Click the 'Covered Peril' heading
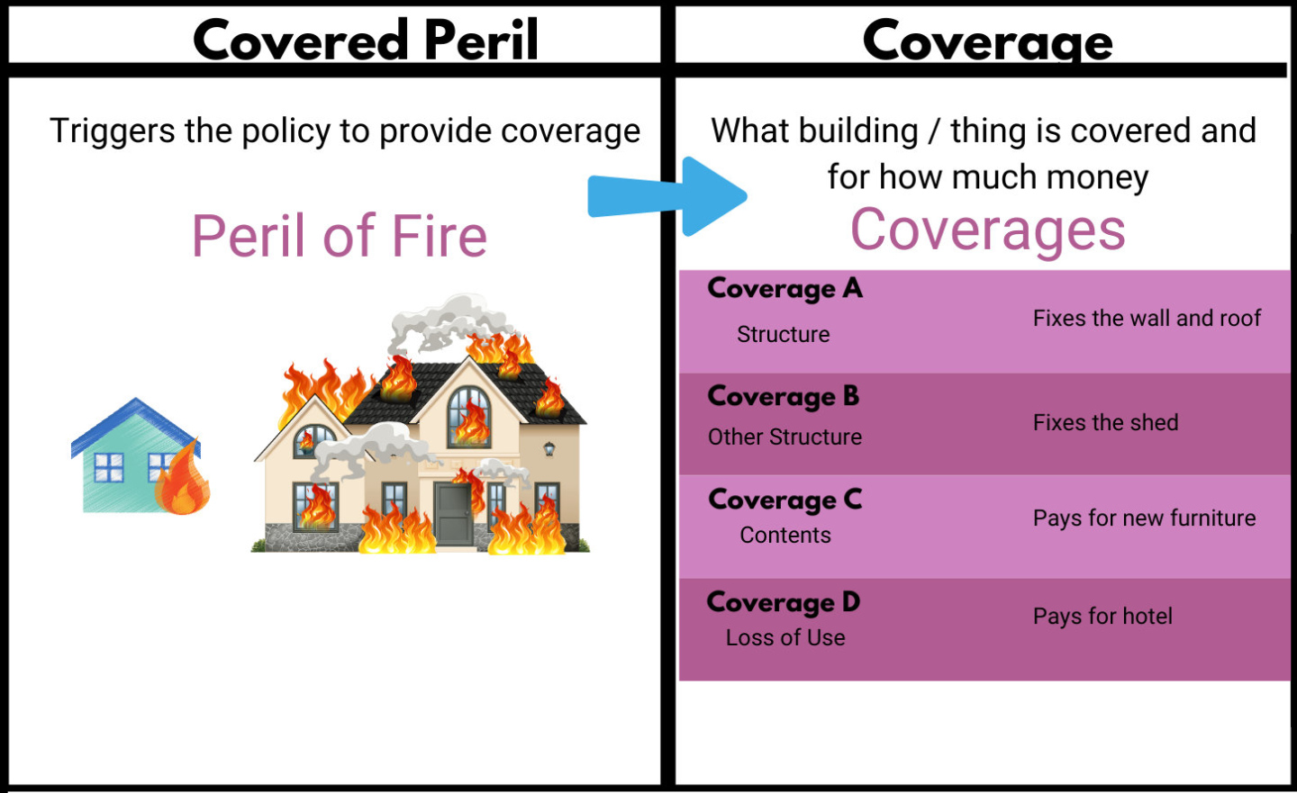click(366, 41)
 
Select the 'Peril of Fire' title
click(340, 236)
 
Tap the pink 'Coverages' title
click(988, 230)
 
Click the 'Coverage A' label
click(785, 289)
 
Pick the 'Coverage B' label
click(784, 397)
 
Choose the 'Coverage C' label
click(785, 500)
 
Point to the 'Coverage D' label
click(784, 602)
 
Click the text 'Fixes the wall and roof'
click(1147, 319)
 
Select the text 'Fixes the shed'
click(1105, 423)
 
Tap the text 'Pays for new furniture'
click(1144, 518)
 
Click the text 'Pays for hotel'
click(1102, 617)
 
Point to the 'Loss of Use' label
click(785, 638)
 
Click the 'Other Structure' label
click(785, 437)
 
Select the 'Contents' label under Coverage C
click(785, 536)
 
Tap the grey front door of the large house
click(453, 514)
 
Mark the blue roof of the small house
click(135, 423)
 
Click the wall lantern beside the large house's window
click(549, 448)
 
